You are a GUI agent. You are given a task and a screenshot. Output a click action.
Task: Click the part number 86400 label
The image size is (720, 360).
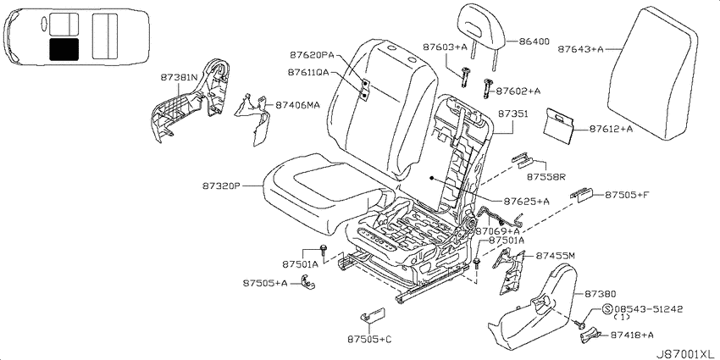(534, 42)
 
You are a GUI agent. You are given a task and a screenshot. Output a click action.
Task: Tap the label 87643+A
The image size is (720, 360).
(581, 49)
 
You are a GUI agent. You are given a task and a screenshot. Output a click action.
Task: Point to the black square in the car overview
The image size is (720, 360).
(64, 50)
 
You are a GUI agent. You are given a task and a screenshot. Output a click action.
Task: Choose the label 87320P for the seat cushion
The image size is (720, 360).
(221, 186)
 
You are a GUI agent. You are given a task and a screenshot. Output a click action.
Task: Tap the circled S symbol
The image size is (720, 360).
(607, 309)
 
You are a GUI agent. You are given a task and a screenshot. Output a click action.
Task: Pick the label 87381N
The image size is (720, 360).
(179, 77)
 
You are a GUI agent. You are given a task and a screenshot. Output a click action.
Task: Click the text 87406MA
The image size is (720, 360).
(297, 105)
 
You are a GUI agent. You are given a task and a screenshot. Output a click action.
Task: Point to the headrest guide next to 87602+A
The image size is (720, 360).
(487, 87)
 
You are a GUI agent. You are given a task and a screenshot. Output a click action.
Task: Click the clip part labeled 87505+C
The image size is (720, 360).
(373, 315)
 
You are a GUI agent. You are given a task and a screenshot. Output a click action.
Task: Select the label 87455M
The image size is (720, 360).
(555, 255)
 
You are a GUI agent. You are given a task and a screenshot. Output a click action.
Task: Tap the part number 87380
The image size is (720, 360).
(601, 293)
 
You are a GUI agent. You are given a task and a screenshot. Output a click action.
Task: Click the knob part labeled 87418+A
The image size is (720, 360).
(590, 335)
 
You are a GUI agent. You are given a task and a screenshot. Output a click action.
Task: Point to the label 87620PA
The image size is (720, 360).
(312, 56)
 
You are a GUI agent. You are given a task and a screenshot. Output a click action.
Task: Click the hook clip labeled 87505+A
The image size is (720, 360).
(307, 282)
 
